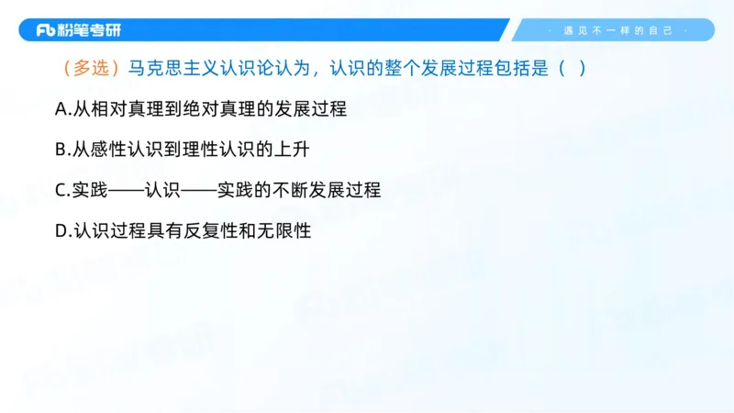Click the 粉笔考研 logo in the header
(78, 30)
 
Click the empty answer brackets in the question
(571, 69)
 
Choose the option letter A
(61, 109)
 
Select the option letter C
(61, 191)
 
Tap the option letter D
(61, 231)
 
